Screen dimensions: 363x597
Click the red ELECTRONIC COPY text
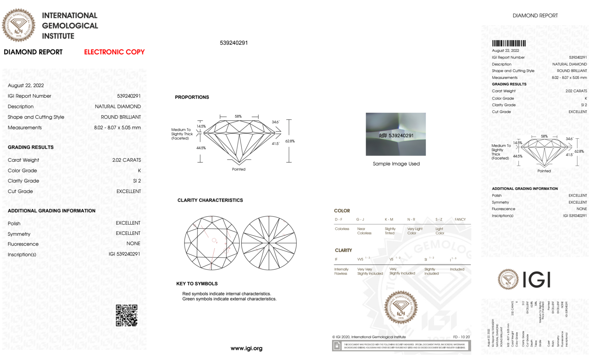pyautogui.click(x=114, y=52)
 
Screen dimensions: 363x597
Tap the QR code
pyautogui.click(x=127, y=315)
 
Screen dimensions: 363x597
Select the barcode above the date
pyautogui.click(x=509, y=43)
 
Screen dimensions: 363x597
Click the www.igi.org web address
pyautogui.click(x=246, y=348)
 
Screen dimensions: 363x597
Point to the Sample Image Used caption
pyautogui.click(x=396, y=164)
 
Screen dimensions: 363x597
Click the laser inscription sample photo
pyautogui.click(x=396, y=134)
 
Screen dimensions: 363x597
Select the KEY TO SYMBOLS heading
pyautogui.click(x=197, y=284)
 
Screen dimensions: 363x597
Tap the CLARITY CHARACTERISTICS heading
pyautogui.click(x=210, y=200)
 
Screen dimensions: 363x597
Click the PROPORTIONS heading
pyautogui.click(x=192, y=97)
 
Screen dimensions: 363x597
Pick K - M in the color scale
pyautogui.click(x=389, y=219)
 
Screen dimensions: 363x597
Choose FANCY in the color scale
pyautogui.click(x=460, y=219)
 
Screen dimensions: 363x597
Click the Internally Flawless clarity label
pyautogui.click(x=341, y=271)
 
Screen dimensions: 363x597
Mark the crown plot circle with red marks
pyautogui.click(x=212, y=243)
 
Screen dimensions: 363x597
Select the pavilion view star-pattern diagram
pyautogui.click(x=269, y=243)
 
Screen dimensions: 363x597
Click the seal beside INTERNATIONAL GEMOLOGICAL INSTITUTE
pyautogui.click(x=18, y=25)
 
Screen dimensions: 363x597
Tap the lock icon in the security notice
pyautogui.click(x=337, y=346)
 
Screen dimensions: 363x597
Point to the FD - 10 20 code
pyautogui.click(x=461, y=337)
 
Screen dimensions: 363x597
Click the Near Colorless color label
pyautogui.click(x=364, y=231)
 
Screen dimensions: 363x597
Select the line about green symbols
pyautogui.click(x=229, y=299)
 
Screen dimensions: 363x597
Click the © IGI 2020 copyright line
pyautogui.click(x=369, y=337)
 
